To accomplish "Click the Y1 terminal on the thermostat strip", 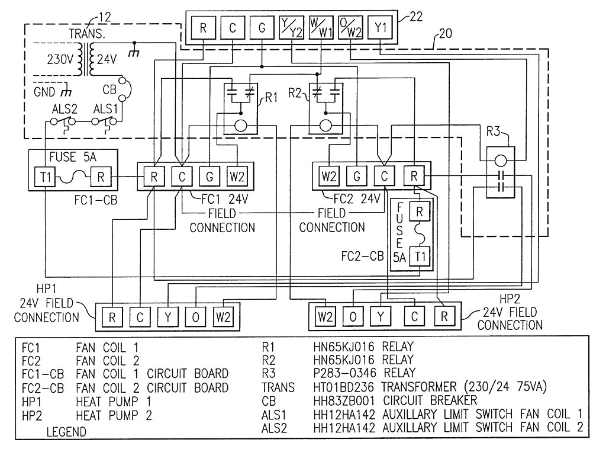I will (379, 27).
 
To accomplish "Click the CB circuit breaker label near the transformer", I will (109, 91).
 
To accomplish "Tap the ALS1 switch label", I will (107, 110).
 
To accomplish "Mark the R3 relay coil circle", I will (501, 160).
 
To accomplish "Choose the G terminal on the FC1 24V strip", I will (209, 176).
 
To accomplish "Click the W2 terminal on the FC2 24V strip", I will (328, 176).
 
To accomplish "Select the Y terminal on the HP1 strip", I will (168, 317).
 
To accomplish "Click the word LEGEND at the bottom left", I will (66, 432).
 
